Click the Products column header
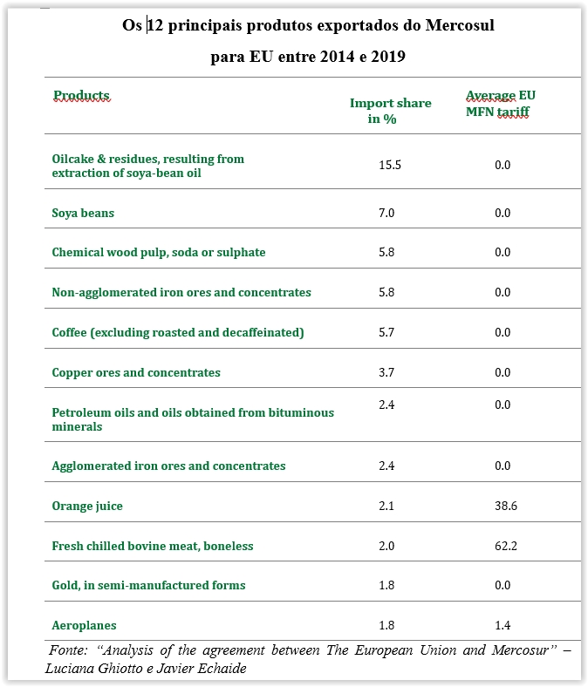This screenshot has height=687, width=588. click(81, 95)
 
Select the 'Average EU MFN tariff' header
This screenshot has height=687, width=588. click(500, 103)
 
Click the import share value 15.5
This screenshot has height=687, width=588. click(390, 165)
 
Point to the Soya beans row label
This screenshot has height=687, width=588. click(83, 213)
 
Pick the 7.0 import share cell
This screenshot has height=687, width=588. click(386, 213)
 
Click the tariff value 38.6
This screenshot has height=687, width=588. click(503, 506)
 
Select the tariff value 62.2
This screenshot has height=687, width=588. click(503, 546)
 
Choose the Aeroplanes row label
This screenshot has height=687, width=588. click(84, 625)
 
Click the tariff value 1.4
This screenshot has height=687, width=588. click(503, 625)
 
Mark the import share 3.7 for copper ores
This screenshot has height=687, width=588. click(386, 372)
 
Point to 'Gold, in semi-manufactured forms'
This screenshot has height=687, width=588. click(148, 585)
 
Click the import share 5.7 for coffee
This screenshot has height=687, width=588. click(386, 332)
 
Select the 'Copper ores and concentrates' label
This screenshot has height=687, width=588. click(136, 372)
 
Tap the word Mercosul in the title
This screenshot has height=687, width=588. click(460, 25)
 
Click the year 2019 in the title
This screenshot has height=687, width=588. click(387, 58)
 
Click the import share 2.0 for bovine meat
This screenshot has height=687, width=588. click(386, 546)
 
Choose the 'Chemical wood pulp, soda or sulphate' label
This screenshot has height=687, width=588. click(159, 252)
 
